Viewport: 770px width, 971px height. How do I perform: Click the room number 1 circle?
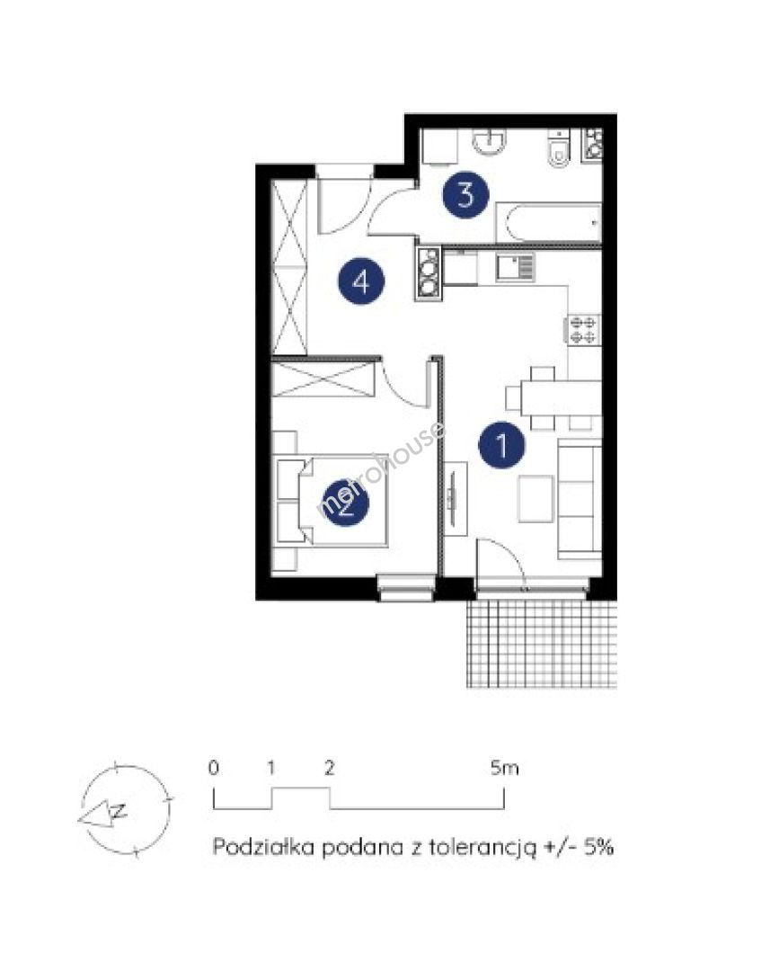point(502,445)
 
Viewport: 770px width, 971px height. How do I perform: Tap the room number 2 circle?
point(346,503)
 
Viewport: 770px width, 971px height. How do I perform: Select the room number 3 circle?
point(465,194)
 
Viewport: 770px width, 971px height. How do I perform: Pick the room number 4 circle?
point(361,281)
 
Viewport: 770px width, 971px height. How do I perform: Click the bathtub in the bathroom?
point(548,223)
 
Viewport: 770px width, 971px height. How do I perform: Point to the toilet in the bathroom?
point(559,149)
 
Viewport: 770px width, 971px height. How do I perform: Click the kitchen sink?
point(515,268)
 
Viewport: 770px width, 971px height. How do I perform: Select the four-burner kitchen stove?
point(582,329)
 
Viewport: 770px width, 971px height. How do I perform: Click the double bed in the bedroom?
point(332,501)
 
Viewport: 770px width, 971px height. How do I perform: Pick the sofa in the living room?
point(580,499)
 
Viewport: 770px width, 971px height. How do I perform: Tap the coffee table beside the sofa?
point(535,499)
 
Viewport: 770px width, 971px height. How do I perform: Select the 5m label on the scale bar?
point(504,769)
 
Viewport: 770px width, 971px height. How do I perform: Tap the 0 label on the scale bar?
point(214,768)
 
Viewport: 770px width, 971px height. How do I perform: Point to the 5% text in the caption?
point(597,847)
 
